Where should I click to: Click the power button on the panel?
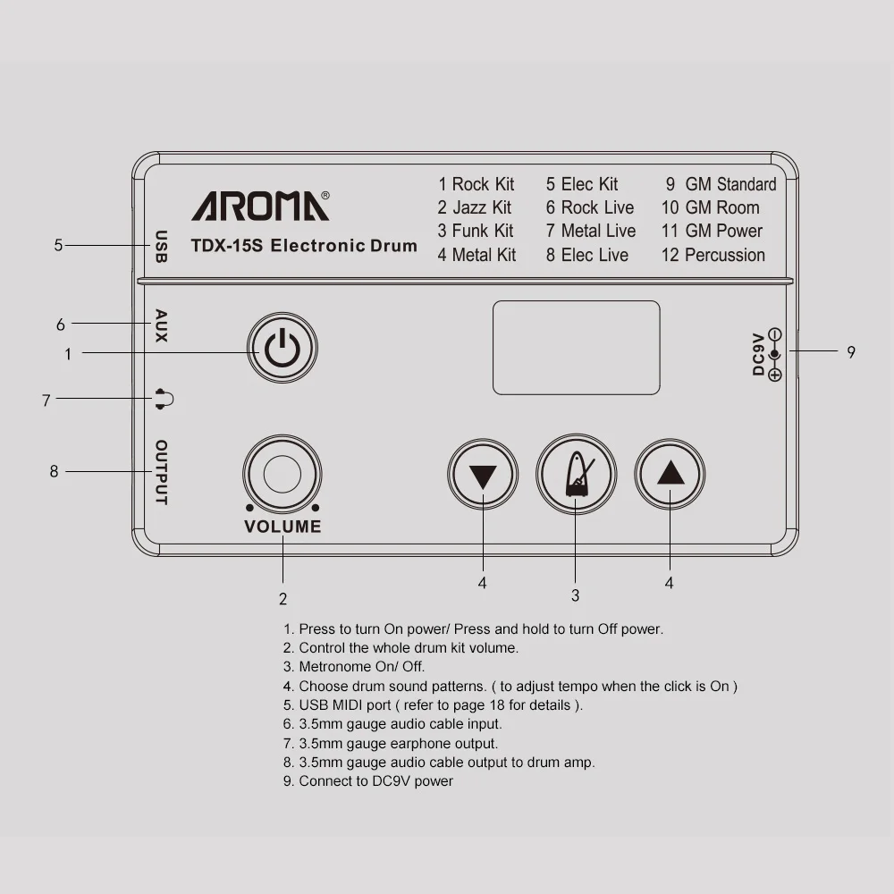(283, 347)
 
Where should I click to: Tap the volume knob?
(283, 474)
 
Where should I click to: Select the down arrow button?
(483, 474)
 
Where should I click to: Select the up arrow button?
(670, 474)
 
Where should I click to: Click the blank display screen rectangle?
(577, 348)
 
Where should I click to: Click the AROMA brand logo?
(260, 206)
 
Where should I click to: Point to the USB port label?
(161, 247)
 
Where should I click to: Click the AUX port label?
(161, 325)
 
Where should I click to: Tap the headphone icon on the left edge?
(164, 399)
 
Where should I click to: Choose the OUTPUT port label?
(161, 472)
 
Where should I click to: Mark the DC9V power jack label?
(758, 354)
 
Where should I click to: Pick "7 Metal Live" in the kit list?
(591, 231)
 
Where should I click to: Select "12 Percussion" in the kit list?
(713, 255)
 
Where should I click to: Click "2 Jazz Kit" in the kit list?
(475, 207)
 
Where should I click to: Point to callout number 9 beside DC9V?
(851, 352)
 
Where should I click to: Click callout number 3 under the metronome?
(575, 595)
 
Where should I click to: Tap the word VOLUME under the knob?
(283, 527)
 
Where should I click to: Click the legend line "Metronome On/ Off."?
(353, 667)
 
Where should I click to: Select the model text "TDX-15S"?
(227, 246)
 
